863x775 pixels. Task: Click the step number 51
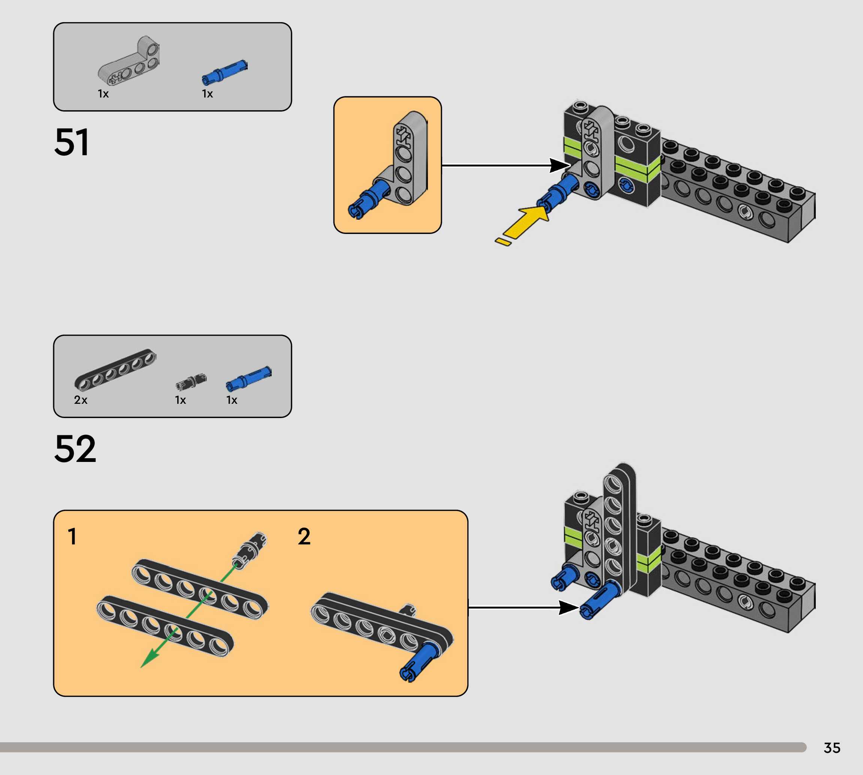coord(72,142)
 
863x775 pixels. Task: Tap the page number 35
coord(832,748)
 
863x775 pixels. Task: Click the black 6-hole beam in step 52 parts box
coord(115,369)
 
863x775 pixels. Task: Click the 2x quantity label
coord(81,400)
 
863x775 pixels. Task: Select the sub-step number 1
coord(72,536)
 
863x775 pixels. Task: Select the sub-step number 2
coord(304,536)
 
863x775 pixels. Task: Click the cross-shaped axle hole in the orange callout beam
coord(402,135)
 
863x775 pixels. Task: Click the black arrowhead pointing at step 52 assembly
coord(568,608)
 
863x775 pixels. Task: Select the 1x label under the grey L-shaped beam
coord(103,94)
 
